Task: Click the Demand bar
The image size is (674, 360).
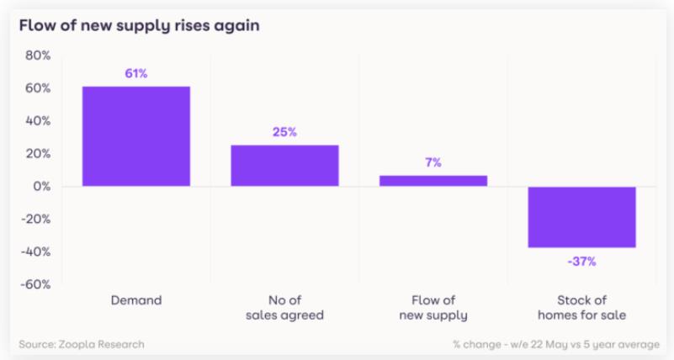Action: (135, 136)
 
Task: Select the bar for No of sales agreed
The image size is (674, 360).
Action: (284, 166)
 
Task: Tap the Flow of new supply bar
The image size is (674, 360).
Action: (433, 180)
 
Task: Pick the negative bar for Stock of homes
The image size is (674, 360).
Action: (581, 217)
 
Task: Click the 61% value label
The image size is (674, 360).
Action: (136, 74)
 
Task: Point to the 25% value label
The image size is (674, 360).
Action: (284, 132)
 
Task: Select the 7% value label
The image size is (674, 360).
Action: (433, 162)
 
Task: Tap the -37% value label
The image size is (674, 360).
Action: (581, 262)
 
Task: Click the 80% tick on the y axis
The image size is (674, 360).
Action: (38, 56)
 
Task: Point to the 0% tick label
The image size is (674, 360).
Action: (41, 187)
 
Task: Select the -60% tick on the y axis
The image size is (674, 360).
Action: (35, 284)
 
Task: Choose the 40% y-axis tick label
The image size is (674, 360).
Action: (38, 121)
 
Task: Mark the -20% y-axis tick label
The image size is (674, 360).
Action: (35, 220)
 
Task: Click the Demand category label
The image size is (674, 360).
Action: (136, 299)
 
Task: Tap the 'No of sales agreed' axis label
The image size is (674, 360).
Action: (284, 307)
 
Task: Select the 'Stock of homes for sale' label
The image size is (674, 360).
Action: (581, 307)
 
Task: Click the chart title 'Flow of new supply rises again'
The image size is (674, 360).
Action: (139, 25)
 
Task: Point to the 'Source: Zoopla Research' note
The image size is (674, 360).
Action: (82, 343)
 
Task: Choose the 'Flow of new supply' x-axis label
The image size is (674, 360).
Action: (433, 307)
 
